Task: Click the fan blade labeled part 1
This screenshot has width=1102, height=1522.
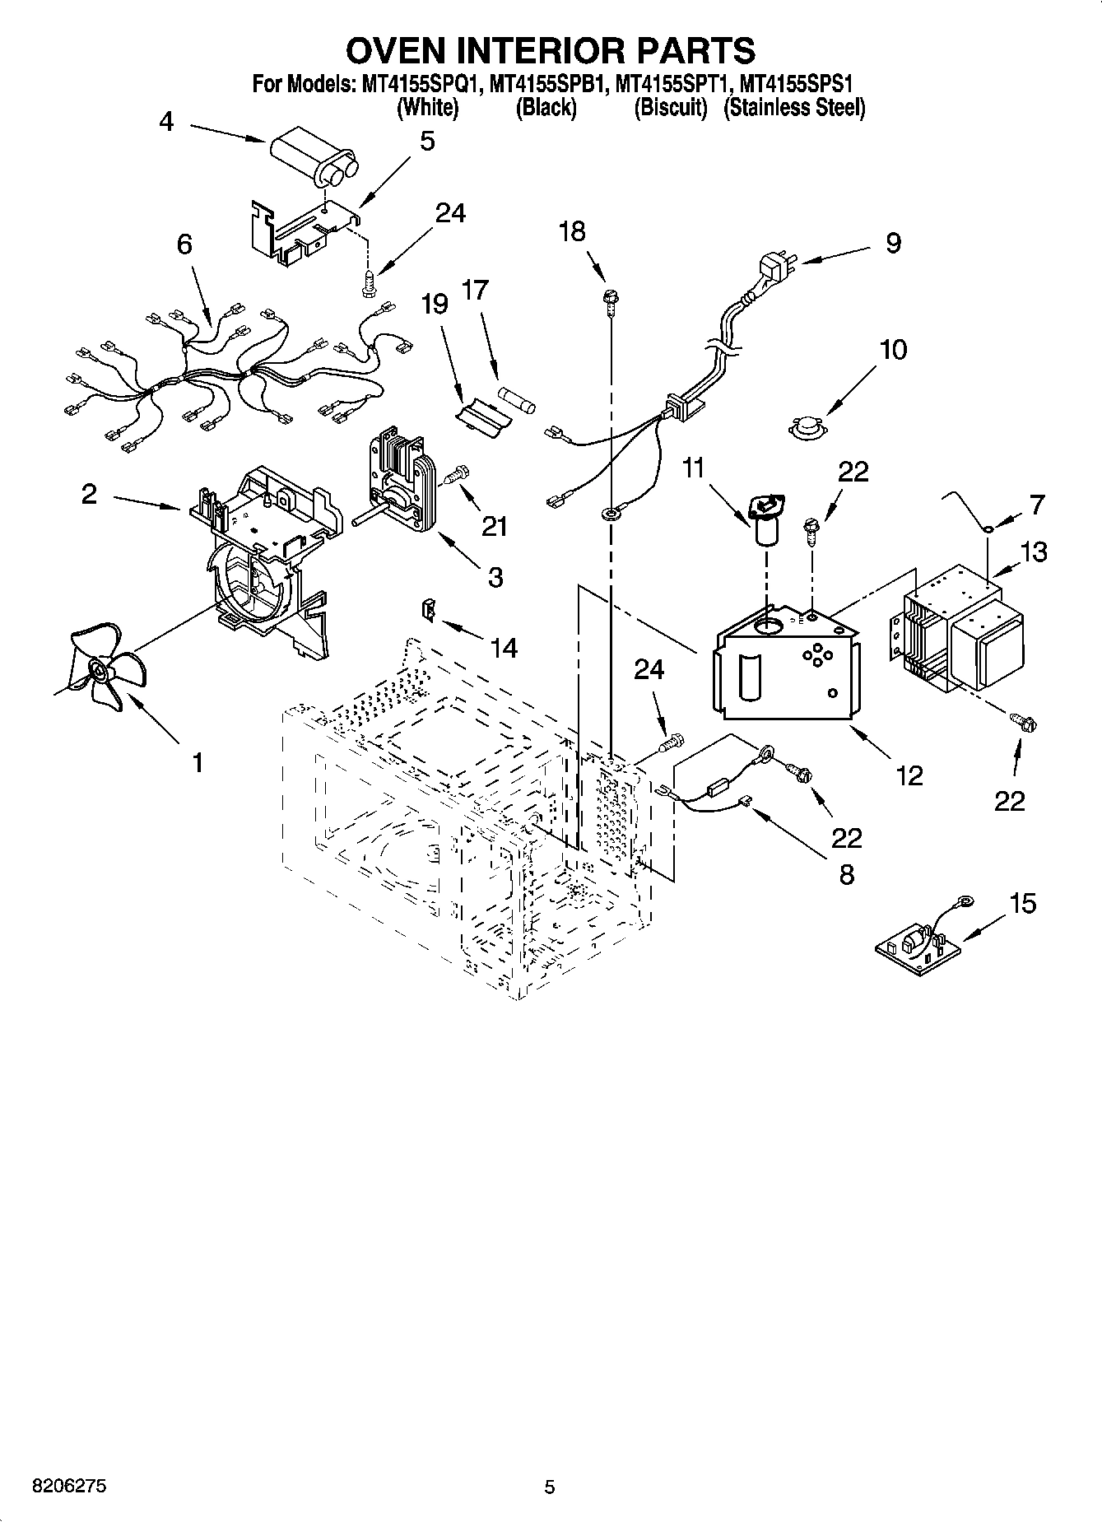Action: (104, 671)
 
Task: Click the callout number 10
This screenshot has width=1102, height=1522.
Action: (893, 349)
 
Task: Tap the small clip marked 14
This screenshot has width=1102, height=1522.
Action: (428, 609)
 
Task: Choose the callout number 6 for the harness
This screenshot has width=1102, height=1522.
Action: (184, 244)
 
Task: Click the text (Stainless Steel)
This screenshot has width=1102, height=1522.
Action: (794, 107)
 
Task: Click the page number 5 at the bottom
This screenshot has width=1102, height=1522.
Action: (550, 1487)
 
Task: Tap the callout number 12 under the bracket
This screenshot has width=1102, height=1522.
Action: (910, 775)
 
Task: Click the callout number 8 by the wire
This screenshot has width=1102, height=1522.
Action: (846, 873)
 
